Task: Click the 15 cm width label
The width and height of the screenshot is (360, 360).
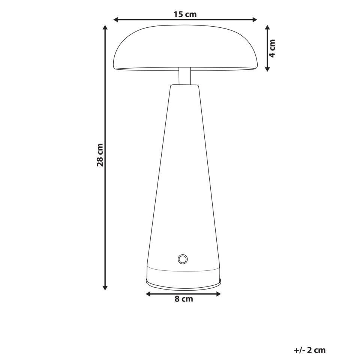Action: pos(185,14)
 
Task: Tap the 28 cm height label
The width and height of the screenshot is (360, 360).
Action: pos(100,154)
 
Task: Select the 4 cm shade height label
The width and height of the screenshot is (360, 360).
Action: pos(273,48)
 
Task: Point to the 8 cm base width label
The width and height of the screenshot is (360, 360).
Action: pos(184,299)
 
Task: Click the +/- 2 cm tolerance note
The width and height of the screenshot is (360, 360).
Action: pos(310,350)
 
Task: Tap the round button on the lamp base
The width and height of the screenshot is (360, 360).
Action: pos(183,259)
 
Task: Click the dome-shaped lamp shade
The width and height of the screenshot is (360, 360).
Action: pos(185,47)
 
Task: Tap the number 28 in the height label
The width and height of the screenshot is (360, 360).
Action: pos(100,160)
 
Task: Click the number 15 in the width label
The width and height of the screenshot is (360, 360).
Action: pos(178,14)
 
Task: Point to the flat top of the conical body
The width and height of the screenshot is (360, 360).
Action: pos(184,86)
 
